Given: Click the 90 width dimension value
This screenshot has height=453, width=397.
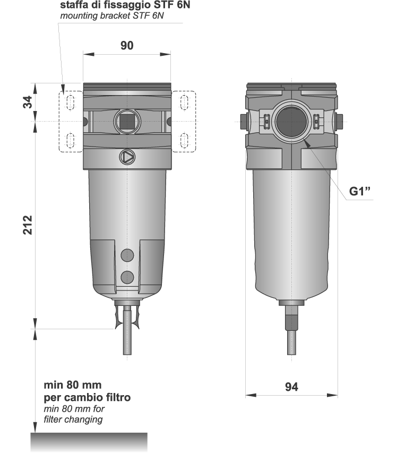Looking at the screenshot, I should [x=126, y=46].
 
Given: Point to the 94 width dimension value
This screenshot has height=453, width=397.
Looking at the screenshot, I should [x=291, y=387].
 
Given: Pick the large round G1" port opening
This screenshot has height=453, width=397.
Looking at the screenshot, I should [x=291, y=122].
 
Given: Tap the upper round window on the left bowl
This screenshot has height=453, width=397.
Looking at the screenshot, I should [x=127, y=255].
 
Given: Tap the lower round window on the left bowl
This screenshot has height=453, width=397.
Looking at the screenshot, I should [x=127, y=277].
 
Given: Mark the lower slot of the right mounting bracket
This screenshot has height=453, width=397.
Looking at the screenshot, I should [x=185, y=141].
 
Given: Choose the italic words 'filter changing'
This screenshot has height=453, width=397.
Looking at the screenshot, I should [x=73, y=420].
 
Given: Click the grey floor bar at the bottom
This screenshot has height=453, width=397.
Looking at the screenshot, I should [x=89, y=442].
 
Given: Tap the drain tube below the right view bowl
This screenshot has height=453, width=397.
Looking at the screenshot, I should [x=291, y=340].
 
